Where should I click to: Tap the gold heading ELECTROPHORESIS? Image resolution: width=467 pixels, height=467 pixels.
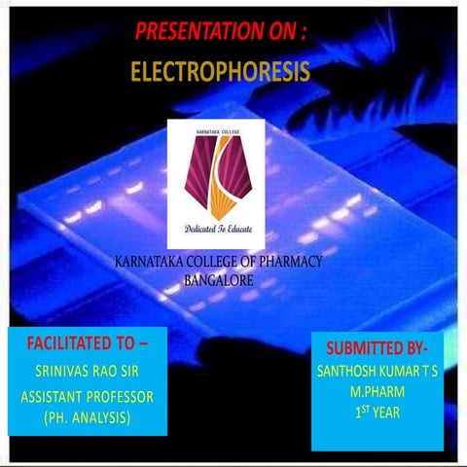pos(220,71)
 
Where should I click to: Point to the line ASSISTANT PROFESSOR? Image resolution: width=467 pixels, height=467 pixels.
pos(88,398)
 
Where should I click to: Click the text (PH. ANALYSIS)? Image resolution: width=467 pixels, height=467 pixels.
pos(88,418)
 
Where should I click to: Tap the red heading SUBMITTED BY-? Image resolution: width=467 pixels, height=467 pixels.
pos(383,348)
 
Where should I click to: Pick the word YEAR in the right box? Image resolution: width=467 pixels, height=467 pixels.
pos(395,412)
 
